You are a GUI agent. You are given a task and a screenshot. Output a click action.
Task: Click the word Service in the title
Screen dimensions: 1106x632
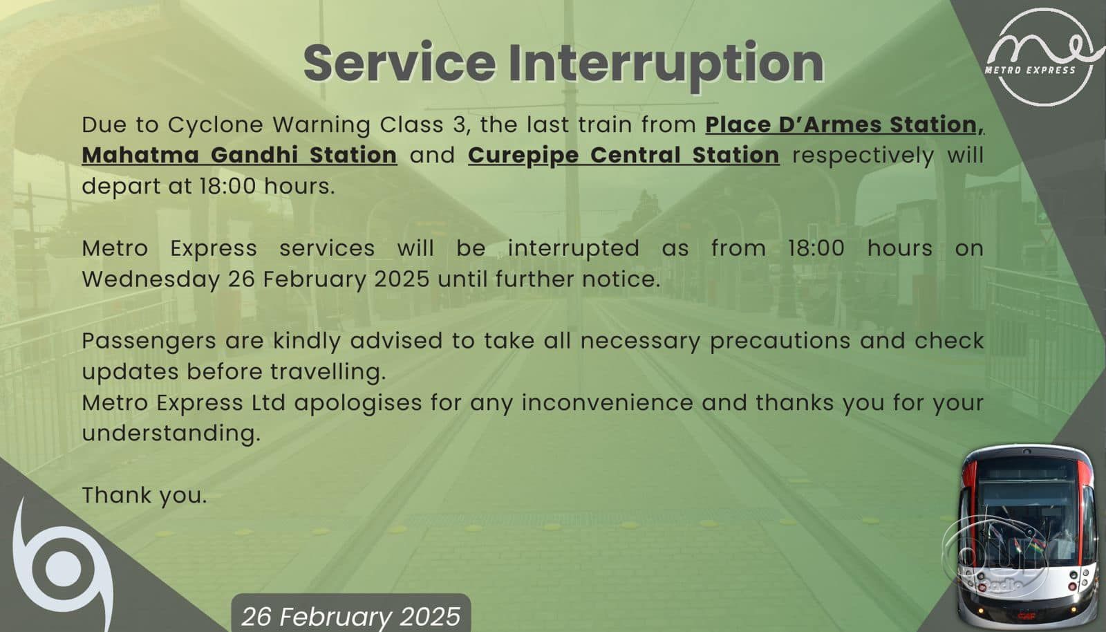click(x=400, y=63)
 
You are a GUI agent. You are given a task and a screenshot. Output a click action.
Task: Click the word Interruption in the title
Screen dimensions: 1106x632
click(x=666, y=66)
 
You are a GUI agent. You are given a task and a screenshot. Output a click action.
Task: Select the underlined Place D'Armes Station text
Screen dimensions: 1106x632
click(x=845, y=124)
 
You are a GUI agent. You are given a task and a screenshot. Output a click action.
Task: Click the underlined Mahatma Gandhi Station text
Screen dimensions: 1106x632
click(x=239, y=155)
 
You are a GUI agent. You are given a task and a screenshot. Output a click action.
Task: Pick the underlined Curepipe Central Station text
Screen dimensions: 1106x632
click(x=624, y=156)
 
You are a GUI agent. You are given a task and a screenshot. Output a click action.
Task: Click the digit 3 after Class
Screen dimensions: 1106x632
click(x=459, y=125)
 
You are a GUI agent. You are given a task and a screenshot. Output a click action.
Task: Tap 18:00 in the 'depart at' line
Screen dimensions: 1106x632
click(x=227, y=187)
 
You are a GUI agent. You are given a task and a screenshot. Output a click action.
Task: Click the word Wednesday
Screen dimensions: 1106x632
click(x=151, y=280)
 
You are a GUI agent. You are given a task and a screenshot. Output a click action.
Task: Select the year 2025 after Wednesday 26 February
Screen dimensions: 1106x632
click(x=402, y=279)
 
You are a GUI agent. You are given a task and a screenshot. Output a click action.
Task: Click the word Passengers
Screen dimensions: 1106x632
click(x=149, y=342)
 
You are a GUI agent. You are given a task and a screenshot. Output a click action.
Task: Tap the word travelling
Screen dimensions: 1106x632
click(x=328, y=372)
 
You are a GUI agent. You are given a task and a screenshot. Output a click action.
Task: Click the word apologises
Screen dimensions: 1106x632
click(x=358, y=403)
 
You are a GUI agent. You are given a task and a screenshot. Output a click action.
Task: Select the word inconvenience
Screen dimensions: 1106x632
click(x=608, y=403)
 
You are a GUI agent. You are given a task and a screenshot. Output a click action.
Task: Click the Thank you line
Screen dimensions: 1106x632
click(x=144, y=495)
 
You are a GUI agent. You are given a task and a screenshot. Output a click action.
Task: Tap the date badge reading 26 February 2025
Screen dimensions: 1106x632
click(x=351, y=613)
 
